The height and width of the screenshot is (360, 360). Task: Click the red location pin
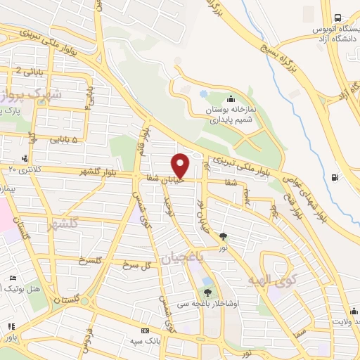pos(181,165)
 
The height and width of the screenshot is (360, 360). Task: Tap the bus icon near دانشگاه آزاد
pos(338,18)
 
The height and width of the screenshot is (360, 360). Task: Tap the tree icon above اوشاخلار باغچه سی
pos(207,292)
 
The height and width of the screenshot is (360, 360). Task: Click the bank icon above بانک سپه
pos(146,330)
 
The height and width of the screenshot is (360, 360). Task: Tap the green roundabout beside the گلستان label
pos(84,302)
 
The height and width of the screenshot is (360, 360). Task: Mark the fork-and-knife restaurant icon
pos(11,328)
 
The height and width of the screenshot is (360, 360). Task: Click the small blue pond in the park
pos(203,93)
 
